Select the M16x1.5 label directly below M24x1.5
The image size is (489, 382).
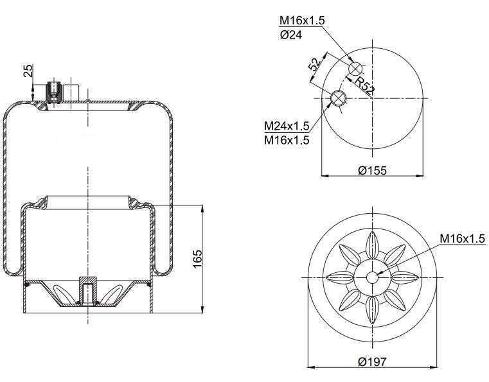point(287,139)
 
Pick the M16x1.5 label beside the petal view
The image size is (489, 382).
point(462,239)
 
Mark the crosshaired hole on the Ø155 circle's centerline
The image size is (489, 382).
point(339,98)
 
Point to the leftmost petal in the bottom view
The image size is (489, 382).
point(339,277)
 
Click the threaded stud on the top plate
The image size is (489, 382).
point(54,91)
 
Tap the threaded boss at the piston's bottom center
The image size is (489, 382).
point(85,291)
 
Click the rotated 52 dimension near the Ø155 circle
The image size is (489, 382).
point(314,64)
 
